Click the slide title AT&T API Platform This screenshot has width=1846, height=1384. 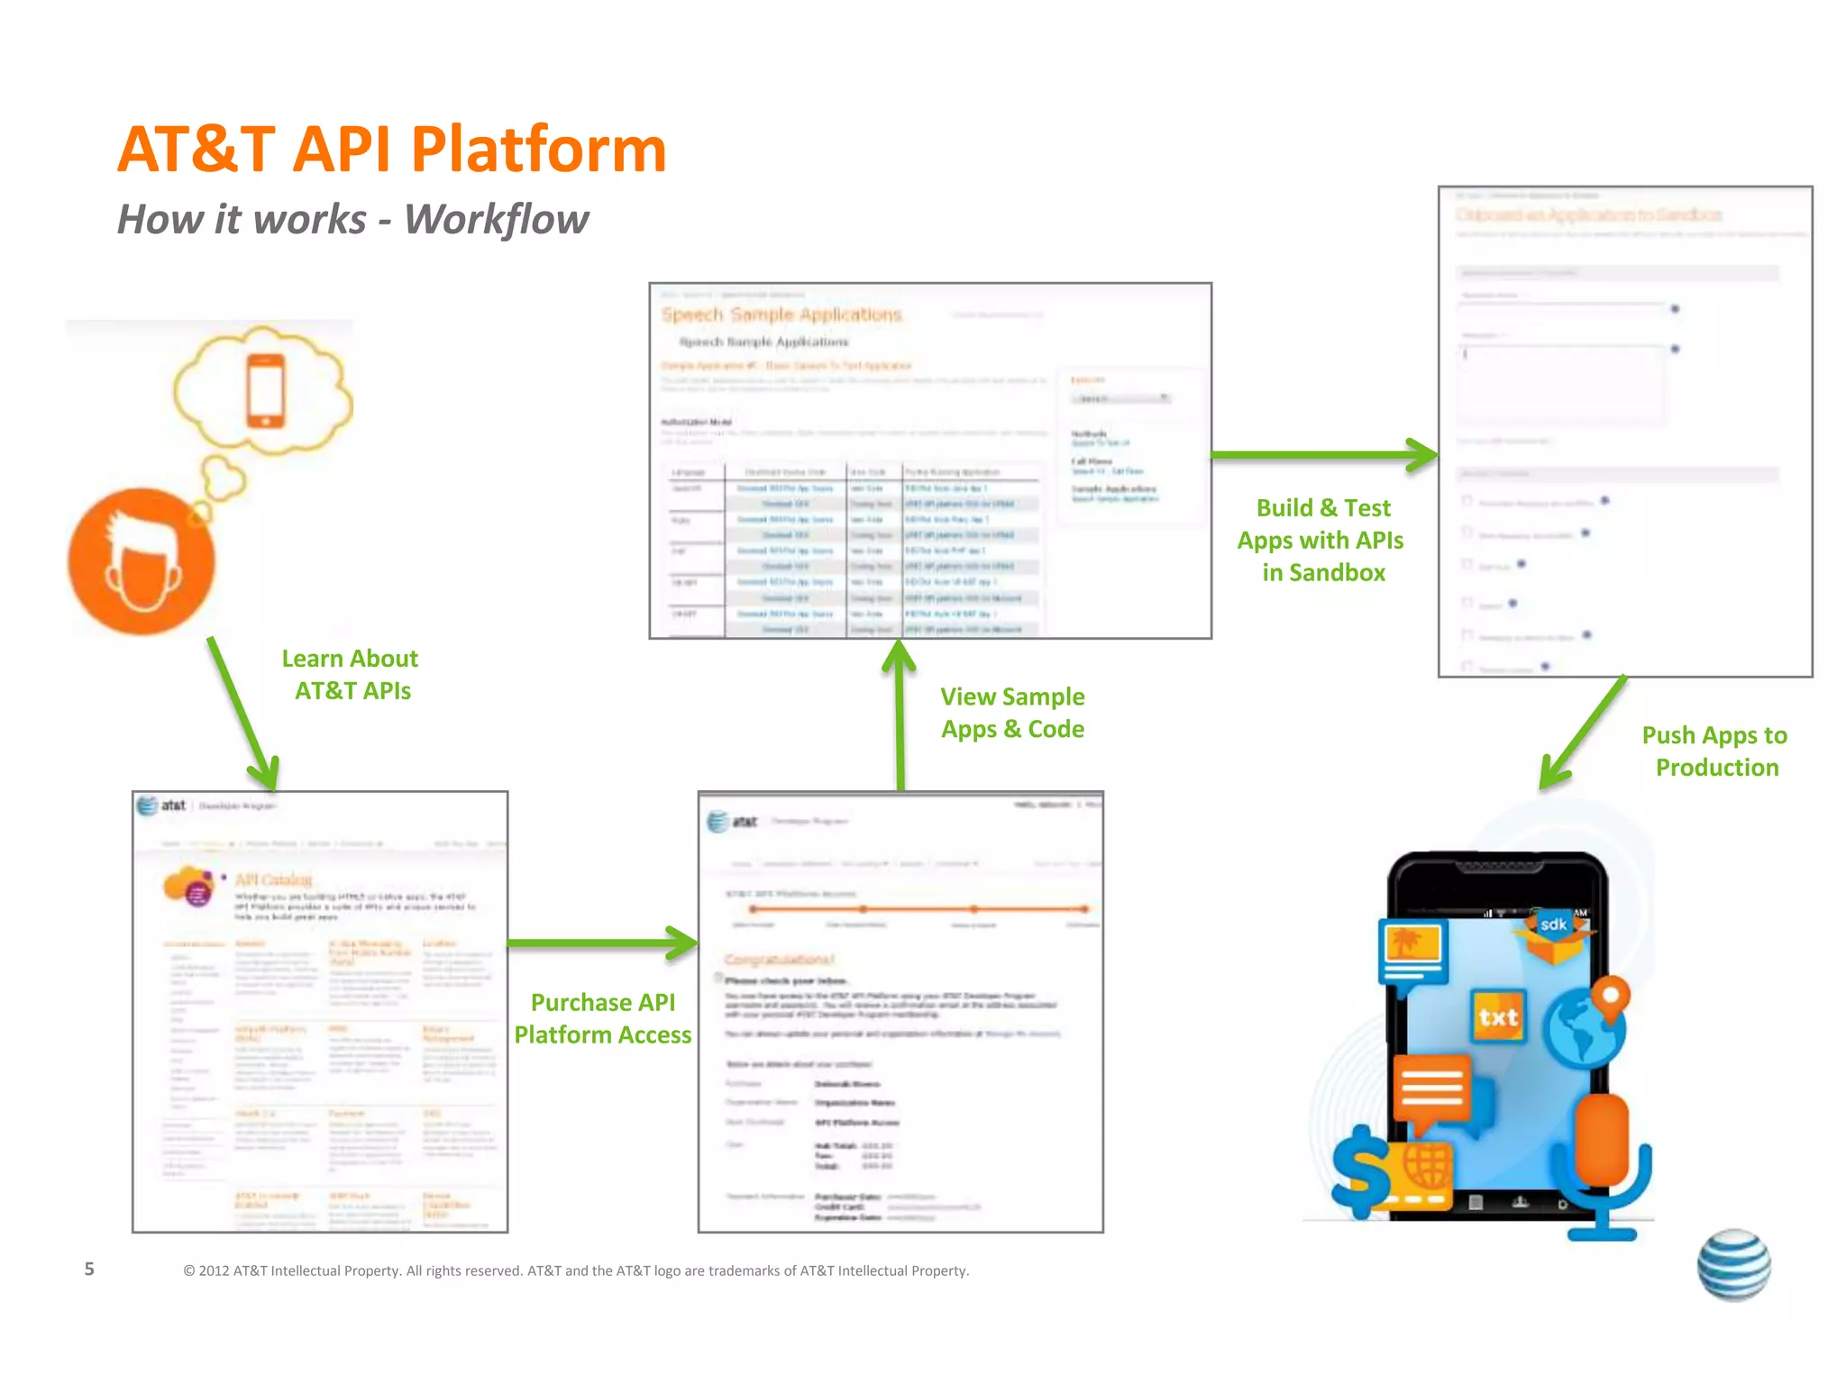coord(391,150)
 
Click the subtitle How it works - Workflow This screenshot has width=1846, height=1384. coord(352,219)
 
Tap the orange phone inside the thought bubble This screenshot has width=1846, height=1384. coord(266,391)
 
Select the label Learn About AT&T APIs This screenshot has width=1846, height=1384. coord(351,675)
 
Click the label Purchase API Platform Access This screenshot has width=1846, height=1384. coord(603,1019)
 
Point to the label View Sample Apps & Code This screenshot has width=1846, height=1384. coord(1012,713)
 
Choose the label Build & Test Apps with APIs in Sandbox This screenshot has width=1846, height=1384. coord(1321,540)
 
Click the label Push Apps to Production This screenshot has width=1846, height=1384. coord(1715,751)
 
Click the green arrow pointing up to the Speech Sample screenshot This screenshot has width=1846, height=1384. coord(900,712)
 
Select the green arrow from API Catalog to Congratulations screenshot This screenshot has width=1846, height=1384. coord(602,943)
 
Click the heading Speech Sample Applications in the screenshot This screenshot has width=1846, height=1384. coord(781,314)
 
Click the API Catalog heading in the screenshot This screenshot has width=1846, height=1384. coord(273,879)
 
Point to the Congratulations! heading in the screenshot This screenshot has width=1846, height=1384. coord(780,960)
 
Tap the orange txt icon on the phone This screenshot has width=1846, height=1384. coord(1498,1017)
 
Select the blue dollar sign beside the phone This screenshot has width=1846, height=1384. coord(1362,1171)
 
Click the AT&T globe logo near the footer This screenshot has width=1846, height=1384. coord(1733,1265)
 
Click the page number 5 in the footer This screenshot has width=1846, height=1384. coord(89,1270)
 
